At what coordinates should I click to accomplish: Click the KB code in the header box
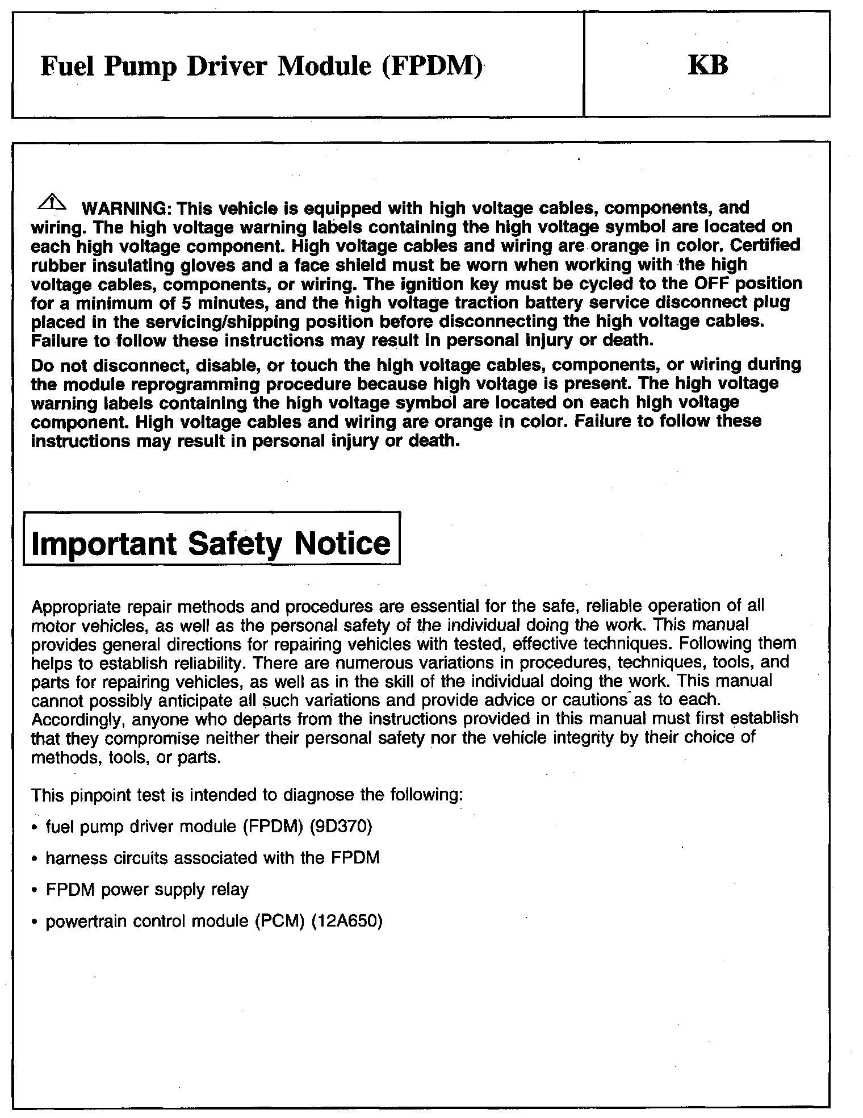coord(707,65)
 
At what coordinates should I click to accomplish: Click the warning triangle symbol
coord(51,201)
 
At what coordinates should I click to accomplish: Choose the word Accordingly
coord(78,719)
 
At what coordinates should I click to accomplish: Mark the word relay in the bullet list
coord(229,889)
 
